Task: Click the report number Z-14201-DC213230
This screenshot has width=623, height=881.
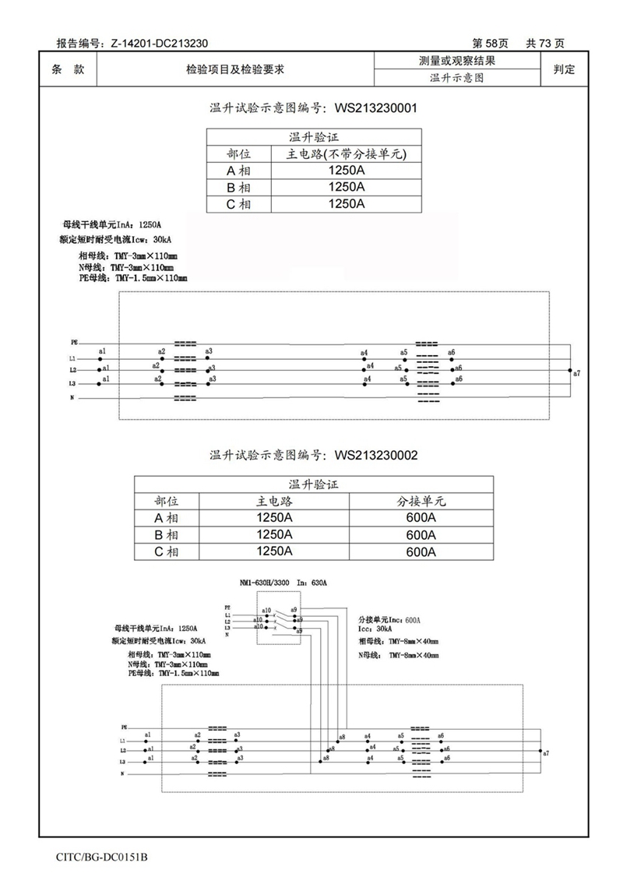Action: (x=159, y=44)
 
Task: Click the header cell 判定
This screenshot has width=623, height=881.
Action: (x=564, y=69)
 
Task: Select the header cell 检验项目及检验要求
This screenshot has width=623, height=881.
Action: (x=234, y=69)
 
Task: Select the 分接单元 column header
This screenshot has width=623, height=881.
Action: (x=421, y=501)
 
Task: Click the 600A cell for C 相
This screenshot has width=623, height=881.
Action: (x=421, y=552)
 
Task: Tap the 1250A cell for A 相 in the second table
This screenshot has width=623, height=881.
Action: (x=274, y=518)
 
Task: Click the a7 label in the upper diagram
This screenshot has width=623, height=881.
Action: (x=576, y=374)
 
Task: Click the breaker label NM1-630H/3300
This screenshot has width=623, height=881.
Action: (x=266, y=583)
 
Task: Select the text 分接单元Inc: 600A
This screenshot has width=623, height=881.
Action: (x=389, y=619)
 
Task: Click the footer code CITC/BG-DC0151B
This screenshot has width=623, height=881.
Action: (x=102, y=857)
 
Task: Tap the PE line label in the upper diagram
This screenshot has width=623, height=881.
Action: (x=74, y=342)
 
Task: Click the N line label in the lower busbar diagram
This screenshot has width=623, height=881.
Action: (x=122, y=774)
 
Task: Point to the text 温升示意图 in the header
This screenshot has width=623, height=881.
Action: (x=457, y=78)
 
